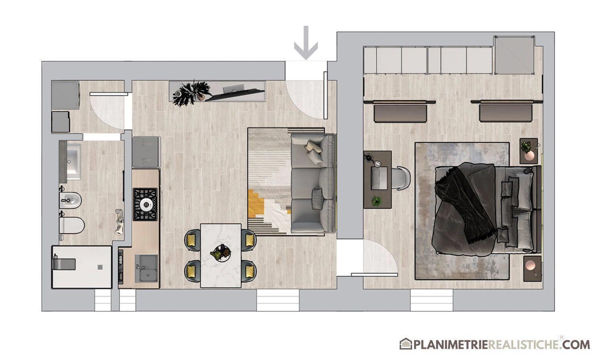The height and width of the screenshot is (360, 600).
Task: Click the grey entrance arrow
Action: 305,43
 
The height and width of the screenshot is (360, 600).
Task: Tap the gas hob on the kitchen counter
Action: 145,204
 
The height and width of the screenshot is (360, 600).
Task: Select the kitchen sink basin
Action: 146,268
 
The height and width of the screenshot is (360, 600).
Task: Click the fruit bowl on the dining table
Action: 221,252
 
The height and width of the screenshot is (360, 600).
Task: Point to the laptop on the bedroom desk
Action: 379,178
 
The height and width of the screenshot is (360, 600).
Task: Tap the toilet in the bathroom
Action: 72,225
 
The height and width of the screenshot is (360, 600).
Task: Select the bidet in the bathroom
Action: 70,200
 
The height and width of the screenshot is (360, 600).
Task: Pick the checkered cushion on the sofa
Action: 318,199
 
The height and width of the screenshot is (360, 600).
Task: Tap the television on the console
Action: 234,93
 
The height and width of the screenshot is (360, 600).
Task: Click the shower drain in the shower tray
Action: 100,267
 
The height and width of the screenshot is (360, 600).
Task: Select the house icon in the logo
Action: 406,344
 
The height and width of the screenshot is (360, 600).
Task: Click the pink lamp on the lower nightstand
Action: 530,265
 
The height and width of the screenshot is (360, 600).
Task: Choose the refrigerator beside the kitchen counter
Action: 146,152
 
